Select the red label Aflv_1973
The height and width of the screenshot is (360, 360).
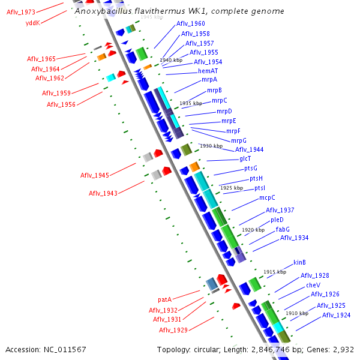click(21, 12)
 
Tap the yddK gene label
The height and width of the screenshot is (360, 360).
click(32, 23)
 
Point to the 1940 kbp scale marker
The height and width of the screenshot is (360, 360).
click(171, 61)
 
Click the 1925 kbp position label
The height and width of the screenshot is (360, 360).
click(232, 188)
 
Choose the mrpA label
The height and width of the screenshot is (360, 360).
click(209, 80)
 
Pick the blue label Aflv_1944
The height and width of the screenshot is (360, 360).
click(249, 149)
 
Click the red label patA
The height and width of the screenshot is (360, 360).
click(165, 299)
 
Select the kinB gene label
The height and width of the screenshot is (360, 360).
click(299, 262)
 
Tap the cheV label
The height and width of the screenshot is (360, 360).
click(313, 285)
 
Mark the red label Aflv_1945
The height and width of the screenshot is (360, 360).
click(95, 175)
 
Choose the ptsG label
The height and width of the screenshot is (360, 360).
click(251, 168)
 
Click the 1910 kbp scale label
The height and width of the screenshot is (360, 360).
click(297, 313)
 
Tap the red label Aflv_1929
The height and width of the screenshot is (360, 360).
click(173, 330)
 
